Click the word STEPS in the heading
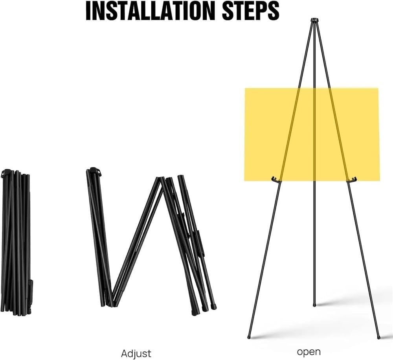(x=251, y=11)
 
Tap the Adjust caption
(x=136, y=353)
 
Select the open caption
(x=309, y=352)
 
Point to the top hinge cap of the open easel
(x=314, y=20)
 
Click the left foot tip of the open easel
(x=249, y=337)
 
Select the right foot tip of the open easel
(x=378, y=338)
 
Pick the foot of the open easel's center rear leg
(x=314, y=305)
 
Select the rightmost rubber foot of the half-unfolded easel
(x=214, y=307)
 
